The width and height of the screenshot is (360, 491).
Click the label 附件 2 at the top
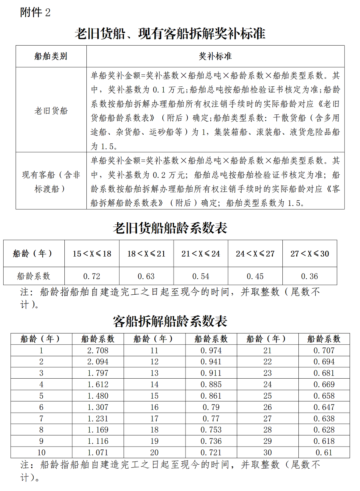35,12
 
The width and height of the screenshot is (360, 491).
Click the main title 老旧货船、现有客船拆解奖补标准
170,34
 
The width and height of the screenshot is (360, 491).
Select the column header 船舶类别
51,56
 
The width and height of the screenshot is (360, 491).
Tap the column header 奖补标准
215,56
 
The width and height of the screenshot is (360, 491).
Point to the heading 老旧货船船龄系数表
170,228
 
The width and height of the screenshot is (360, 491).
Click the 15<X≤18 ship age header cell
92,253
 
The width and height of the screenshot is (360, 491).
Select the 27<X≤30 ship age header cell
310,253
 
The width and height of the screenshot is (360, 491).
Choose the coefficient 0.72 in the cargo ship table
92,276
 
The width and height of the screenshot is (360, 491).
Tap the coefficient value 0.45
255,276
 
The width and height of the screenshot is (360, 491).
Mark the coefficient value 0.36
310,276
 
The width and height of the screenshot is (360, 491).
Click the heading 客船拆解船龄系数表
170,321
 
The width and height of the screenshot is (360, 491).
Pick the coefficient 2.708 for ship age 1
98,351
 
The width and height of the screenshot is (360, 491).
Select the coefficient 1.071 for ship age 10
98,453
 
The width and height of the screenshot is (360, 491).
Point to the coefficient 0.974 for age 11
211,351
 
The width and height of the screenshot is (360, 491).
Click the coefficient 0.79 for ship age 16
211,407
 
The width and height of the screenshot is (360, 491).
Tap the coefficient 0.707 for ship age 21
324,351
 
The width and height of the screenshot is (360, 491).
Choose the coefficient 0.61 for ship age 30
324,453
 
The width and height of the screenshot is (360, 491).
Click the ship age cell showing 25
268,396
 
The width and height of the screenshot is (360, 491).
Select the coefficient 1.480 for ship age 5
98,396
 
